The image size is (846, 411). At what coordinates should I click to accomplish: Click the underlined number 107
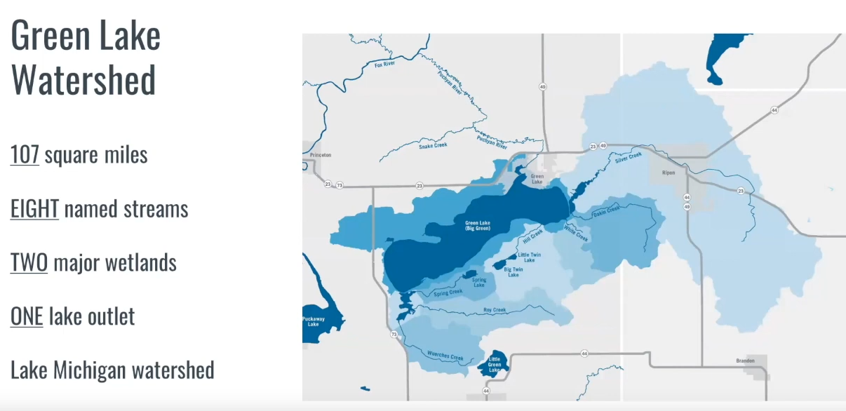(x=25, y=154)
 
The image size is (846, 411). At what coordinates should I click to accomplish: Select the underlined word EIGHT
(x=34, y=209)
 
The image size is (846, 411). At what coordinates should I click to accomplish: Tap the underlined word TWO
(x=29, y=263)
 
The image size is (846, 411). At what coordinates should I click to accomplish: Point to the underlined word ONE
(x=27, y=316)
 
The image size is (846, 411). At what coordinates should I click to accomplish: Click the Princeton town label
(x=319, y=154)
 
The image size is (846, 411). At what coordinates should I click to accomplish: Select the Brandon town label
(x=745, y=361)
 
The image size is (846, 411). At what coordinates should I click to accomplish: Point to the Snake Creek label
(x=433, y=145)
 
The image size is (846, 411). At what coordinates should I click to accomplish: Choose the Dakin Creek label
(x=606, y=211)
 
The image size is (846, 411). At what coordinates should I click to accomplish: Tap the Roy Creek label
(x=495, y=309)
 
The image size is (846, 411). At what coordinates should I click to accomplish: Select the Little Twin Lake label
(x=530, y=257)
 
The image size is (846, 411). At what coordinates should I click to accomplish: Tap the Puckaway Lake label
(x=313, y=322)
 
